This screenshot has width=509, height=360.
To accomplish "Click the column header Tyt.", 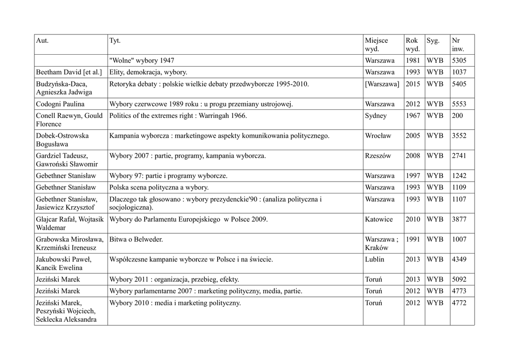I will click(114, 40).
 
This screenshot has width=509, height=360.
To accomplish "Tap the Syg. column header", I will click(433, 40).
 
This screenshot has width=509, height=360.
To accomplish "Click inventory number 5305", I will click(459, 61).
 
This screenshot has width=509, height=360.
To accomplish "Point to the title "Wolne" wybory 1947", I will click(142, 61).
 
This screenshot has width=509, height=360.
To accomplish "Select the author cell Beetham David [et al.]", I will click(69, 72).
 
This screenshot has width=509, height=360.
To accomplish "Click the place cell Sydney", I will click(376, 116).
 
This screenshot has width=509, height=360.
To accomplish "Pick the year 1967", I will click(413, 116).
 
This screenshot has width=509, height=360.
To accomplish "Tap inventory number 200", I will click(457, 116).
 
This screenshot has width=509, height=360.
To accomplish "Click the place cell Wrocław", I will click(378, 136).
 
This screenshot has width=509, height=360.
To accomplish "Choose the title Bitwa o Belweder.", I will click(136, 239).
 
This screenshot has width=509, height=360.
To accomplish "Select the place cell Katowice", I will click(378, 219).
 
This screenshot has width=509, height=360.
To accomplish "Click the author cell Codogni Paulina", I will click(60, 104).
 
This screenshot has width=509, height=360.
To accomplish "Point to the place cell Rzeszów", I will click(378, 156).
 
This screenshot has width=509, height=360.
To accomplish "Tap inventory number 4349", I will click(459, 259).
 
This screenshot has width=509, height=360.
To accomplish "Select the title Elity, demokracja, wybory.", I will click(148, 72).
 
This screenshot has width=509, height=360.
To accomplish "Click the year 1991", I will click(413, 239).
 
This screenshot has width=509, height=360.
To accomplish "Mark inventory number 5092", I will click(459, 279).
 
